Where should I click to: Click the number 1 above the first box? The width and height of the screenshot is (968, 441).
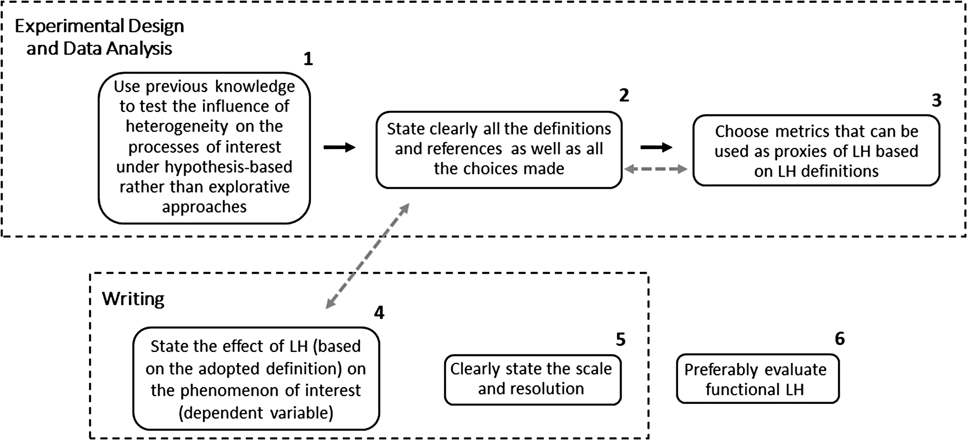coord(308,59)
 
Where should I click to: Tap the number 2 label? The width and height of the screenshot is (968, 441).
coord(624,95)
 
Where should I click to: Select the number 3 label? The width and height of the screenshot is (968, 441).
coord(937,100)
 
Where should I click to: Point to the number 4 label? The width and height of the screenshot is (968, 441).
coord(379,312)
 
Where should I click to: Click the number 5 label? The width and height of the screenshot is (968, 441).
coord(621,339)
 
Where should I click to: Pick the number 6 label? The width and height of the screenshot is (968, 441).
coord(840,338)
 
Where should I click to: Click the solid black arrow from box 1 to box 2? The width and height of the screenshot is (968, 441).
coord(340,147)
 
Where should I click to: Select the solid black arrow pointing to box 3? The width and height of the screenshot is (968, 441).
coord(656,147)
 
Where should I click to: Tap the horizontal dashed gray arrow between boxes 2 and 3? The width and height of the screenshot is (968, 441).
coord(656,169)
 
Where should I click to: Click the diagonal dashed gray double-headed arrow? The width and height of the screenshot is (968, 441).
coord(368,256)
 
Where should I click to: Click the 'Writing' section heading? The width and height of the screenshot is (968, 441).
coord(133,299)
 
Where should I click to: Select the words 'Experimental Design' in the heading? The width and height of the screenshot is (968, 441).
coord(99,26)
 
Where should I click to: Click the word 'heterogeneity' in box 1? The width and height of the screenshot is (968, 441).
coord(177,126)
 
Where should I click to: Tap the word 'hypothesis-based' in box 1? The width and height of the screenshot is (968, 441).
coord(228,167)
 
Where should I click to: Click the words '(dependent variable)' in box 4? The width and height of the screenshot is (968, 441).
coord(256,413)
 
